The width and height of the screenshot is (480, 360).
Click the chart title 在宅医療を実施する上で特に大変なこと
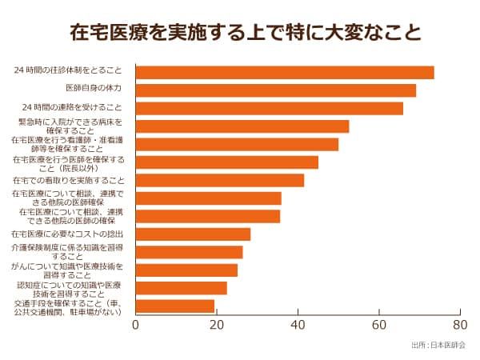pyautogui.click(x=240, y=33)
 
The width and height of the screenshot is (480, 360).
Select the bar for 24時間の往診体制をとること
pyautogui.click(x=285, y=72)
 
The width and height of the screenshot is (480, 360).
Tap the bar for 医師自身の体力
pyautogui.click(x=276, y=90)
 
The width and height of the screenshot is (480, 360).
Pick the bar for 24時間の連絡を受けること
pyautogui.click(x=270, y=108)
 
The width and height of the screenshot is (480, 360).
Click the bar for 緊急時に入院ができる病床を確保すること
pyautogui.click(x=242, y=126)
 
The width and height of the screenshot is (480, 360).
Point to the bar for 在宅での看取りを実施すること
pyautogui.click(x=220, y=180)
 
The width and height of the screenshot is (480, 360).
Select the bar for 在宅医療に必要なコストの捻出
pyautogui.click(x=193, y=234)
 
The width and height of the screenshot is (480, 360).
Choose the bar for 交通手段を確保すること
pyautogui.click(x=175, y=306)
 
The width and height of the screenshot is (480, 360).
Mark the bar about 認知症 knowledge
pyautogui.click(x=181, y=288)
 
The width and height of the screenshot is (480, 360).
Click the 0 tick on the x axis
pyautogui.click(x=136, y=326)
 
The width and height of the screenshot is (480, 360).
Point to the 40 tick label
pyautogui.click(x=298, y=326)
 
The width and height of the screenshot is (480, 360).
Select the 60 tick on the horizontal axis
pyautogui.click(x=378, y=326)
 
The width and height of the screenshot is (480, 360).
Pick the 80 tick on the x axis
pyautogui.click(x=459, y=326)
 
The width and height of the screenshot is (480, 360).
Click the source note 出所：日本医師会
pyautogui.click(x=438, y=346)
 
